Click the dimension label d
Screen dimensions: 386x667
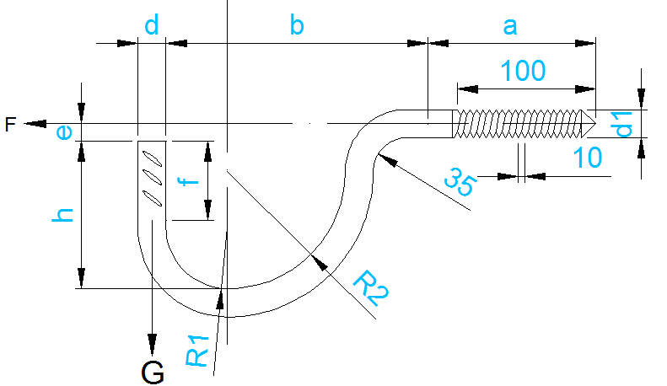coord(152,25)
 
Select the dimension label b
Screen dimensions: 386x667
coord(296,25)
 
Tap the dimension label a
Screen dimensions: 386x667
coord(509,25)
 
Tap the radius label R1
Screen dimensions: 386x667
coord(197,349)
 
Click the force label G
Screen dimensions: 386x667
coord(153,371)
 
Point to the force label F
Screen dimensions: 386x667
coord(10,125)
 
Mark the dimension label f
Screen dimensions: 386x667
coord(191,182)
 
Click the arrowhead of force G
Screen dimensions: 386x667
coord(153,345)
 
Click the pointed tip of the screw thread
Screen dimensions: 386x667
coord(594,123)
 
